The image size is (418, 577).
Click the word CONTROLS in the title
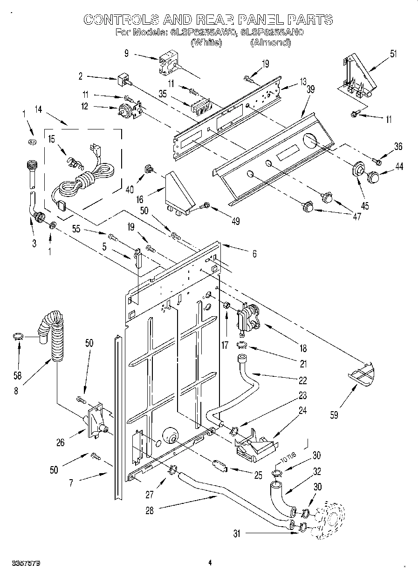tap(119, 19)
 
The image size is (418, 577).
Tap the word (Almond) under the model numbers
tap(270, 42)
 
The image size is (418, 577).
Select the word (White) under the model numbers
tap(206, 42)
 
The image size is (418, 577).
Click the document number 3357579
tap(24, 563)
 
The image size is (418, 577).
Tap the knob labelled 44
tap(374, 177)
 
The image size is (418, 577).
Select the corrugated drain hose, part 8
tap(52, 335)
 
